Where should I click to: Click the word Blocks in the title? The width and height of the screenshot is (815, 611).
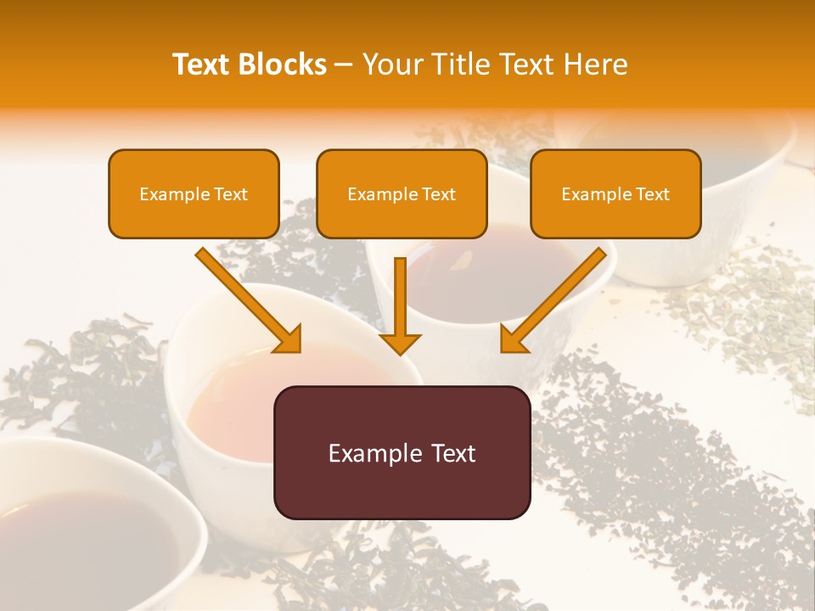pos(282,64)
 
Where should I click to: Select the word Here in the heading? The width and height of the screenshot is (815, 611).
pos(595,64)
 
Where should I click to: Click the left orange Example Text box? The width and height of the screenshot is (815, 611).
pos(194,193)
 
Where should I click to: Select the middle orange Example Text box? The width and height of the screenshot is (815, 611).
pos(402,193)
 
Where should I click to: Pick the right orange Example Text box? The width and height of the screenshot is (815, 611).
pos(615,193)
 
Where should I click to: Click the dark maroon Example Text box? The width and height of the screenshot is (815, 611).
pos(402,452)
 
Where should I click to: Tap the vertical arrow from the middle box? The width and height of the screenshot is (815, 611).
pos(400,297)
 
